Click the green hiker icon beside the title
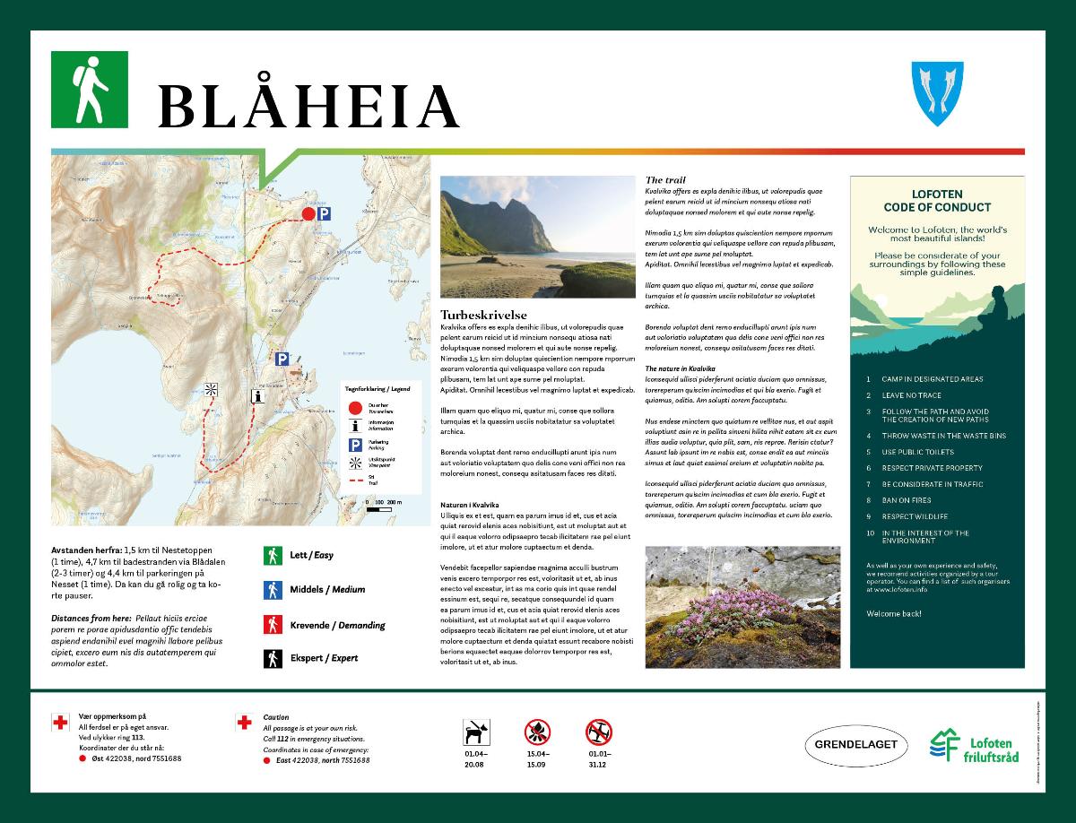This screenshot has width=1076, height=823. (90, 88)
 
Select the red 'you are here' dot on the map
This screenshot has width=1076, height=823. (308, 213)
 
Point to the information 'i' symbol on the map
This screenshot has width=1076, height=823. (258, 394)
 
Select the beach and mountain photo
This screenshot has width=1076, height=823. (537, 237)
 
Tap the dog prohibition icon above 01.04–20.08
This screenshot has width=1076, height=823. (475, 732)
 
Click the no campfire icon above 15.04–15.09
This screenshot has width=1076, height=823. (538, 732)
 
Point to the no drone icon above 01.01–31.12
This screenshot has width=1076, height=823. (599, 732)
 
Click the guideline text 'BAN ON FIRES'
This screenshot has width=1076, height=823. (907, 500)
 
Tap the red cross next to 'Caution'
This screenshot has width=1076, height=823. (243, 722)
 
